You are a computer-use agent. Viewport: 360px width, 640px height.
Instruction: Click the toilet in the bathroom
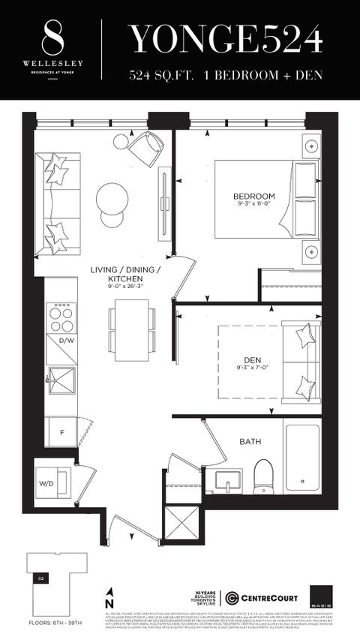point(262,475)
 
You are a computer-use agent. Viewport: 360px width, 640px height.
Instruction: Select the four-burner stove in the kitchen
point(61,317)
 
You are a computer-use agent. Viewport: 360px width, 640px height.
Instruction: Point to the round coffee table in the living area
point(112,200)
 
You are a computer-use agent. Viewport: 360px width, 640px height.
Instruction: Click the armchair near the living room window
point(146,147)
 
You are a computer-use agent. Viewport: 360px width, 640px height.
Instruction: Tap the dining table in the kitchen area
point(131,318)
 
